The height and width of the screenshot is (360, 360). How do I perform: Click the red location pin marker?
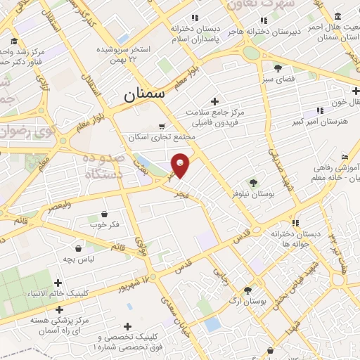(x=181, y=165)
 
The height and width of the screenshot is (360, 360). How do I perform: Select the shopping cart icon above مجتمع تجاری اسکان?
(x=162, y=127)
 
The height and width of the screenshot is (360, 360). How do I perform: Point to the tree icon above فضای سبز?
(x=278, y=68)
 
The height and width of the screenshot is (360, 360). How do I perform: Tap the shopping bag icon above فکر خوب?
(x=104, y=214)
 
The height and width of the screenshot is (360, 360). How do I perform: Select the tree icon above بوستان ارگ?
(x=247, y=290)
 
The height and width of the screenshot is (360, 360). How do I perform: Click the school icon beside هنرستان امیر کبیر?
(x=320, y=110)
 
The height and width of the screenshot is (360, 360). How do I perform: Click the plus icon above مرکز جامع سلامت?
(x=214, y=102)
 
